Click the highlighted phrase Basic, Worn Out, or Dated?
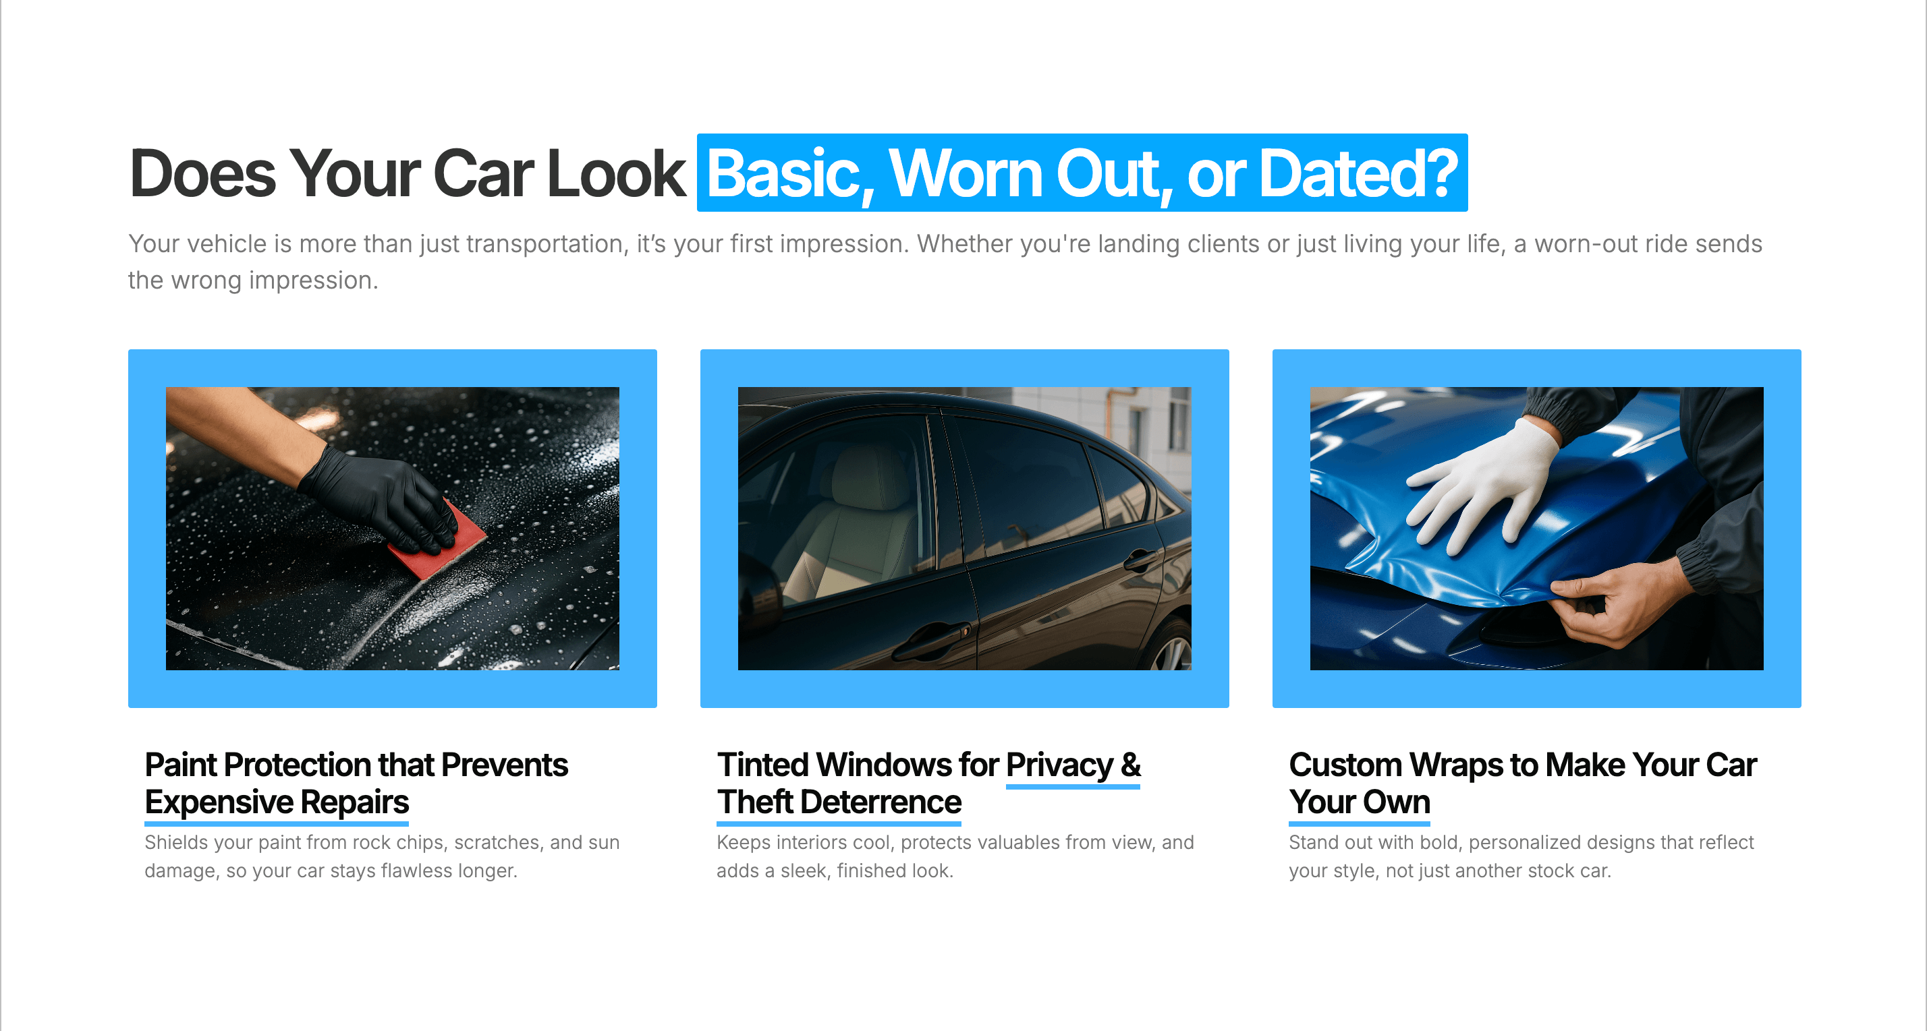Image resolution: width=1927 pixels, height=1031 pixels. coord(1082,173)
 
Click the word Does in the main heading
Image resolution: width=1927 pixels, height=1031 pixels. coord(202,173)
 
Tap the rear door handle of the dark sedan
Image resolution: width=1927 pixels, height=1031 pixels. coord(1140,559)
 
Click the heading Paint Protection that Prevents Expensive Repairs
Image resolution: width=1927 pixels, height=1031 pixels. coord(356,783)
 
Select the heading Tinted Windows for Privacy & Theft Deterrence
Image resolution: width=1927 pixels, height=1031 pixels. coord(929,783)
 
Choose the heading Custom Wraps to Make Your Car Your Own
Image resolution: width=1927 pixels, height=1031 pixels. coord(1522,783)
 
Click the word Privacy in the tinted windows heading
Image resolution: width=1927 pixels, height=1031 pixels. coord(1059,765)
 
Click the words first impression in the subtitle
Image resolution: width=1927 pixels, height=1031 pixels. coord(818,243)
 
